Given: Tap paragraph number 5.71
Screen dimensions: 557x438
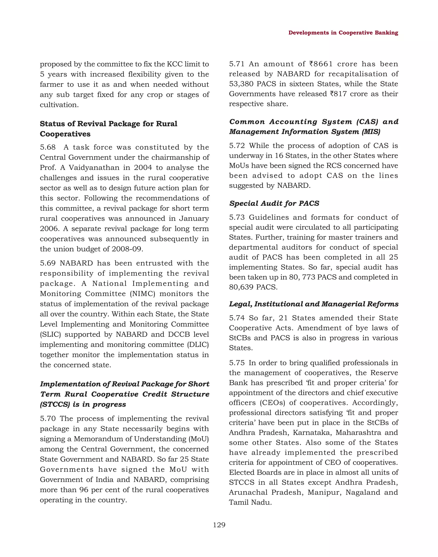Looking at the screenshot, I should pyautogui.click(x=237, y=64).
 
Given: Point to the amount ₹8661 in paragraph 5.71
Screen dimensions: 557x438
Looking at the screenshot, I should pyautogui.click(x=321, y=64).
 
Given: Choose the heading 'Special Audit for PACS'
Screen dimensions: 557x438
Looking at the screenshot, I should pyautogui.click(x=274, y=203).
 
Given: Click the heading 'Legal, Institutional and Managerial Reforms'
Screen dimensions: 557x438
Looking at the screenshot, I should pyautogui.click(x=314, y=304).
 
